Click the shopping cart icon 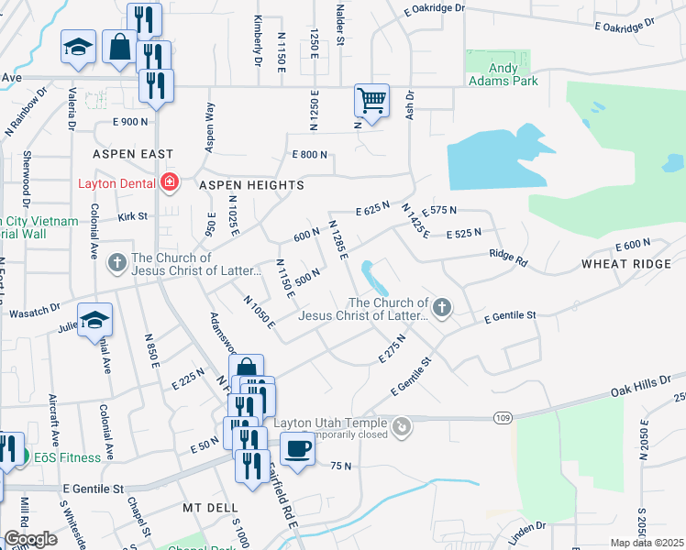pyautogui.click(x=371, y=100)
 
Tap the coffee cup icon pyautogui.click(x=296, y=450)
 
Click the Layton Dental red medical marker pyautogui.click(x=169, y=183)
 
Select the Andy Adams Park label pyautogui.click(x=503, y=73)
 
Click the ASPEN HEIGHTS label pyautogui.click(x=252, y=185)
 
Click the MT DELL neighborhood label pyautogui.click(x=210, y=507)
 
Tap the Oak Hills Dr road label pyautogui.click(x=651, y=383)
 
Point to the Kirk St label pyautogui.click(x=132, y=216)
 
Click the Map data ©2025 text pyautogui.click(x=647, y=543)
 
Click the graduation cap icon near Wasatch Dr pyautogui.click(x=94, y=320)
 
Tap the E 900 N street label pyautogui.click(x=130, y=122)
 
